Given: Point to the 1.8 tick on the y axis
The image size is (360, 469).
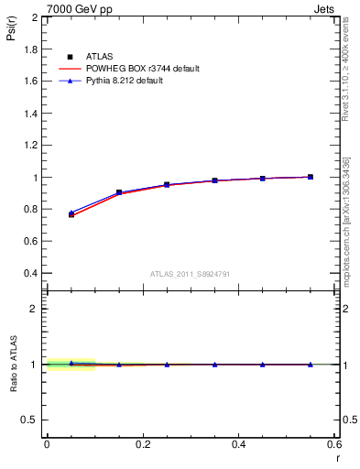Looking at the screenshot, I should (x=30, y=49).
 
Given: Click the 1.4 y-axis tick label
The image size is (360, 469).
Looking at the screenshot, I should (x=30, y=114).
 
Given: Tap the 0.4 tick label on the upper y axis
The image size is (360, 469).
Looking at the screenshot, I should (x=30, y=273).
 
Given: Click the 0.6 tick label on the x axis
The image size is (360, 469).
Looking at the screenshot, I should (x=335, y=444).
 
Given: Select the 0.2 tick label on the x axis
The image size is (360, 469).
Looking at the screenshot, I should (x=143, y=444).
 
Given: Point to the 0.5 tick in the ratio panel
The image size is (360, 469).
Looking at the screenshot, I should (x=30, y=420).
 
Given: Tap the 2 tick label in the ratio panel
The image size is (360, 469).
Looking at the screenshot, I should (x=35, y=309).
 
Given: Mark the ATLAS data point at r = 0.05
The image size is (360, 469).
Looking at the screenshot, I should (x=71, y=214).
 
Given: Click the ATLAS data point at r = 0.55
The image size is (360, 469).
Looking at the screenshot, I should (x=311, y=177).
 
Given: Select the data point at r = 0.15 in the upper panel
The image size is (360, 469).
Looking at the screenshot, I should (x=119, y=192).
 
